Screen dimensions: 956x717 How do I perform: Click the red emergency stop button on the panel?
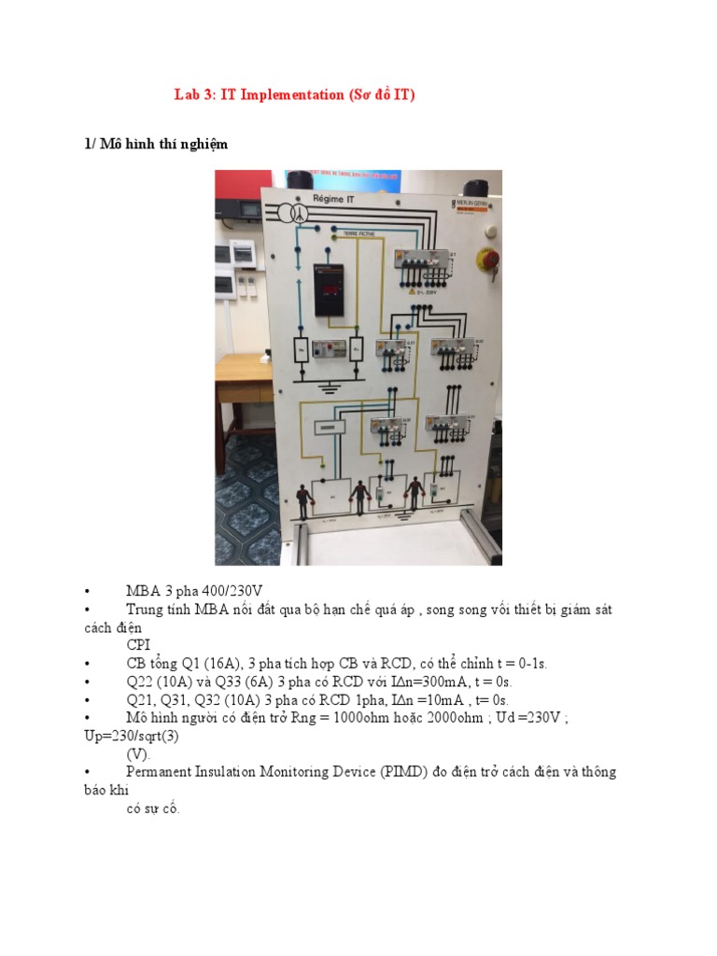[x=487, y=260]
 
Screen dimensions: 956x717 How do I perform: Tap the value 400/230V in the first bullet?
[x=230, y=591]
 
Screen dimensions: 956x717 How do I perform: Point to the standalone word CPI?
[x=138, y=644]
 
